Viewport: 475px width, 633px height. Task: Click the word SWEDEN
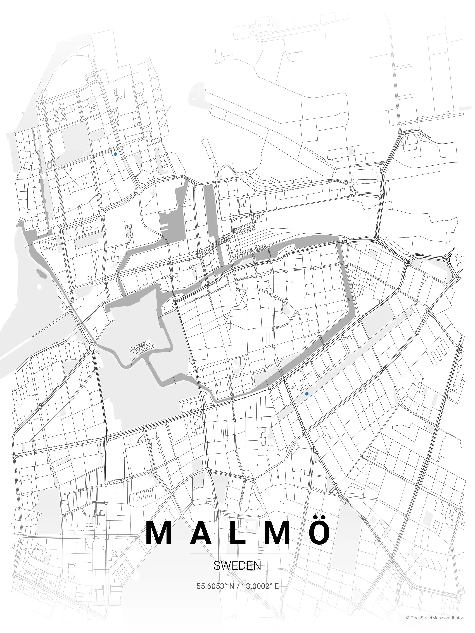(x=237, y=565)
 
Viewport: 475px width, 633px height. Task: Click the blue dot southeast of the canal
(x=307, y=394)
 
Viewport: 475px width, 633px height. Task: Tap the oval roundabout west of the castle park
(x=92, y=348)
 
